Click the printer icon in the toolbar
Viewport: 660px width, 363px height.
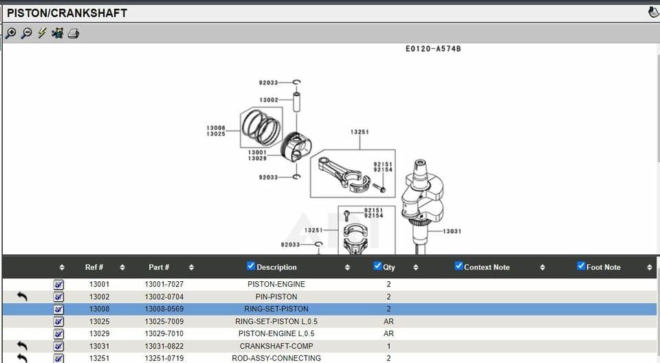pos(74,33)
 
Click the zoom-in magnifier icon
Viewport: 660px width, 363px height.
pos(11,33)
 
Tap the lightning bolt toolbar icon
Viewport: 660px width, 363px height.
pos(42,33)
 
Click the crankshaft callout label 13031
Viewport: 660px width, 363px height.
pos(452,232)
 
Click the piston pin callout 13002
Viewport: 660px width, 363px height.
pos(269,100)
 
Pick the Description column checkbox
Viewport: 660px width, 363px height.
pos(251,266)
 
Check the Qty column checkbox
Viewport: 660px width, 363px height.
pos(377,266)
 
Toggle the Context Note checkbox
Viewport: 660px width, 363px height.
pos(459,266)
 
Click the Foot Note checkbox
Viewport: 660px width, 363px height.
pos(581,266)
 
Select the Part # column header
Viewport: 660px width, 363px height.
pos(159,267)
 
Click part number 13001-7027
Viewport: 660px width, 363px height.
pos(164,285)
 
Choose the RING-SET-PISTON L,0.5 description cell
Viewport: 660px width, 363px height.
pos(276,322)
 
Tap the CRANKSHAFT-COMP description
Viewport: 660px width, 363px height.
pos(276,346)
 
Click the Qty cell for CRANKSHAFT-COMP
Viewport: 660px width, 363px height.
pos(388,346)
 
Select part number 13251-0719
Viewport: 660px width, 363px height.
pos(164,358)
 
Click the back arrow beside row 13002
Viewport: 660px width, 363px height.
pos(22,296)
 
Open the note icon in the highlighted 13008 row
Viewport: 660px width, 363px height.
pos(58,309)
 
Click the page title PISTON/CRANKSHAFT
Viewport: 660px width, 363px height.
pos(67,13)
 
